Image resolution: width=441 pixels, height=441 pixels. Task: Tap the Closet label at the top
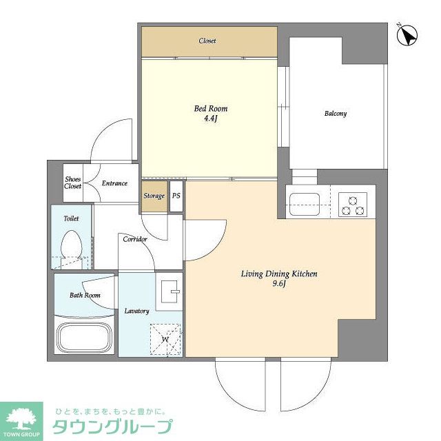[x=207, y=41]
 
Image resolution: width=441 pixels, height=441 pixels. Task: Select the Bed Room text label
[x=210, y=109]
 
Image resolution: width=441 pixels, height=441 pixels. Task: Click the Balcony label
[x=336, y=114]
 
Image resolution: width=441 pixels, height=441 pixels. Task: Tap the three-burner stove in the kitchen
[x=352, y=203]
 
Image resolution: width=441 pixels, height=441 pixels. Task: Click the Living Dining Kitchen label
[x=279, y=274]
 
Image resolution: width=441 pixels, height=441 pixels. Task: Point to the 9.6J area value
[x=279, y=283]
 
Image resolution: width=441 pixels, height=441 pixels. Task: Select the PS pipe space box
[x=176, y=196]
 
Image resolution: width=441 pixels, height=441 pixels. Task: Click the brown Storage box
[x=154, y=196]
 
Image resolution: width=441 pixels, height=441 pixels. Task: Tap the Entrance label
[x=114, y=183]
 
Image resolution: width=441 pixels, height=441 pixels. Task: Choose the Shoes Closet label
[x=73, y=183]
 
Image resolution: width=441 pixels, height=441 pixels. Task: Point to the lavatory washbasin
[x=169, y=290]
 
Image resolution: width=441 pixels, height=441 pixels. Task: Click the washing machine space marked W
[x=165, y=339]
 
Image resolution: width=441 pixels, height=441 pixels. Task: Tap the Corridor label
[x=134, y=240]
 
